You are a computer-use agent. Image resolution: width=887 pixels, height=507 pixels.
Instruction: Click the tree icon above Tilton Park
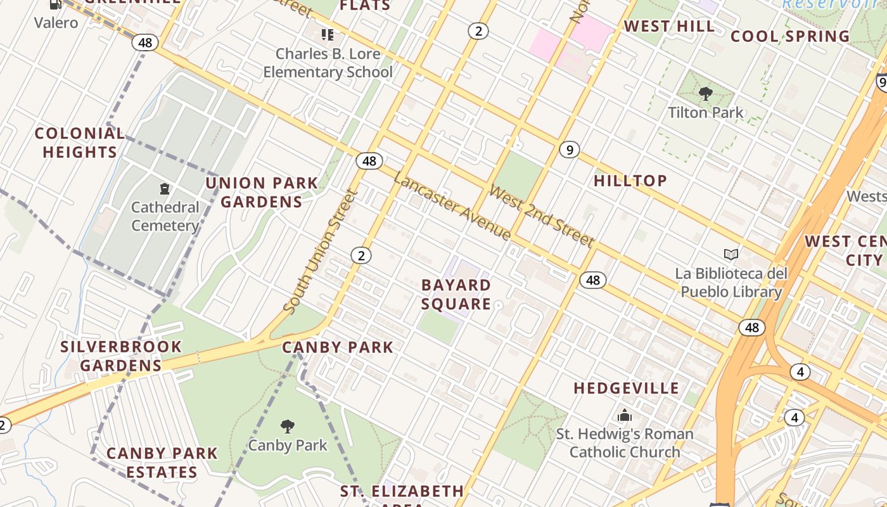click(705, 94)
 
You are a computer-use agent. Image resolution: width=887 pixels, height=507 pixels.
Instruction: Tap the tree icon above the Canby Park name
click(288, 426)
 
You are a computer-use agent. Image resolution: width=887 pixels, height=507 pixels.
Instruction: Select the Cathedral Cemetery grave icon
click(165, 189)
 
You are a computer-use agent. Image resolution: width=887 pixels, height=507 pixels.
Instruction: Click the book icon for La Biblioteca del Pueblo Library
click(731, 255)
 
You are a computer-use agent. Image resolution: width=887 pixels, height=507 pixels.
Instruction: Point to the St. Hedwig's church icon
click(625, 416)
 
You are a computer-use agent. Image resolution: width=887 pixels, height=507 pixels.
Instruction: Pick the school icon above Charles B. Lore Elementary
click(327, 35)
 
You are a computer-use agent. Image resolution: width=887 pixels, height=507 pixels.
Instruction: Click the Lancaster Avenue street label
click(452, 206)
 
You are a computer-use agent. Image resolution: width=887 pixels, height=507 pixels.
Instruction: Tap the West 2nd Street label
click(542, 216)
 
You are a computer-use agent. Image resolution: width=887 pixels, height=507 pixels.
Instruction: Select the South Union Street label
click(321, 252)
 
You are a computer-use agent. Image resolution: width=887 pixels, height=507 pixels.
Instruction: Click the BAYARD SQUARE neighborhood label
click(456, 295)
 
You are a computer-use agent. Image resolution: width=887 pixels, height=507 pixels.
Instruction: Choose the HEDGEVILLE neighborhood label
click(626, 388)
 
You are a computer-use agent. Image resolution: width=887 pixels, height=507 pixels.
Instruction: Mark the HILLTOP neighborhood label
click(630, 181)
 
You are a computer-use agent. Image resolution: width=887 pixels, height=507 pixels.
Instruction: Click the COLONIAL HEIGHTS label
click(80, 143)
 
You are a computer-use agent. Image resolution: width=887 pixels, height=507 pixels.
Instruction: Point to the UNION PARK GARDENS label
click(262, 192)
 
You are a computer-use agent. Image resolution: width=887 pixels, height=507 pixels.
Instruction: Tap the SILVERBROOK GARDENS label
click(121, 356)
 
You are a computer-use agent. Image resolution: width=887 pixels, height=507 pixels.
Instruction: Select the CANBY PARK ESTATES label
click(162, 463)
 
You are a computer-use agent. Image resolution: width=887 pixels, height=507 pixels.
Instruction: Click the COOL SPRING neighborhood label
click(790, 36)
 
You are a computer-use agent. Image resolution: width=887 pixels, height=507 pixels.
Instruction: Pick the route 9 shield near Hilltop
click(570, 150)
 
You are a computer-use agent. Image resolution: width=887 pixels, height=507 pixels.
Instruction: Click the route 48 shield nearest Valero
click(145, 42)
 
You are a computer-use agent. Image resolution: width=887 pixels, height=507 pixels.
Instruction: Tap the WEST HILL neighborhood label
click(669, 26)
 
